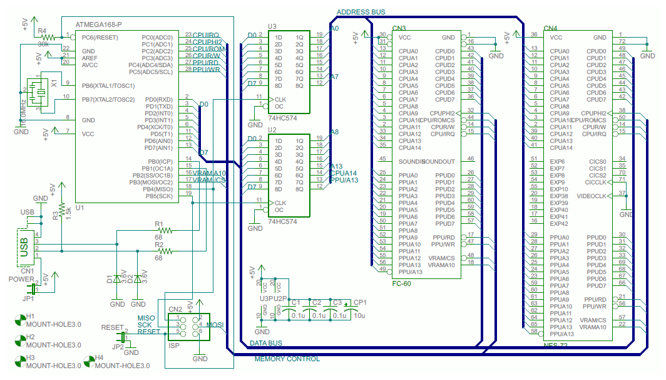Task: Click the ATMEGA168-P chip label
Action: [98, 25]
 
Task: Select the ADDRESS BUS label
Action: [361, 12]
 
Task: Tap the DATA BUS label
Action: [265, 343]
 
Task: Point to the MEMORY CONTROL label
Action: [287, 359]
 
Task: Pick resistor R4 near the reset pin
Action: [44, 38]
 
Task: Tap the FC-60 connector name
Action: [401, 283]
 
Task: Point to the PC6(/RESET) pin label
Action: [101, 38]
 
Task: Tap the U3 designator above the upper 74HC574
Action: [272, 26]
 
